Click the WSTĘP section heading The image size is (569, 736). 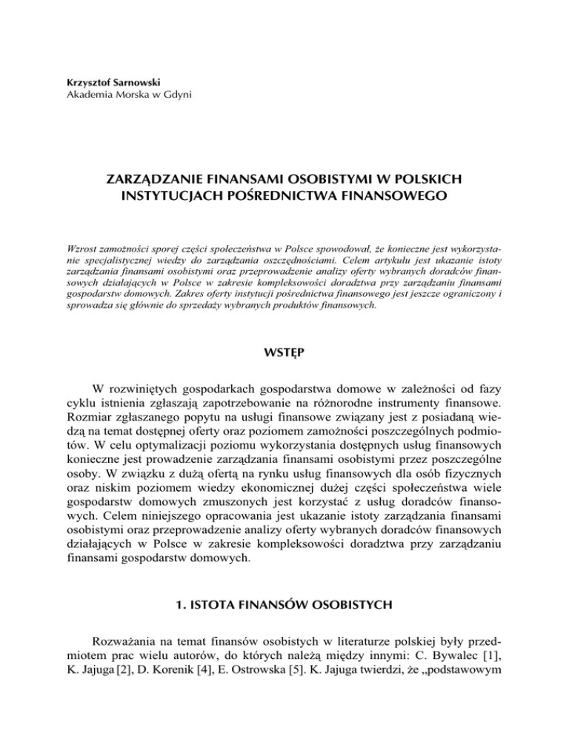tap(284, 370)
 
